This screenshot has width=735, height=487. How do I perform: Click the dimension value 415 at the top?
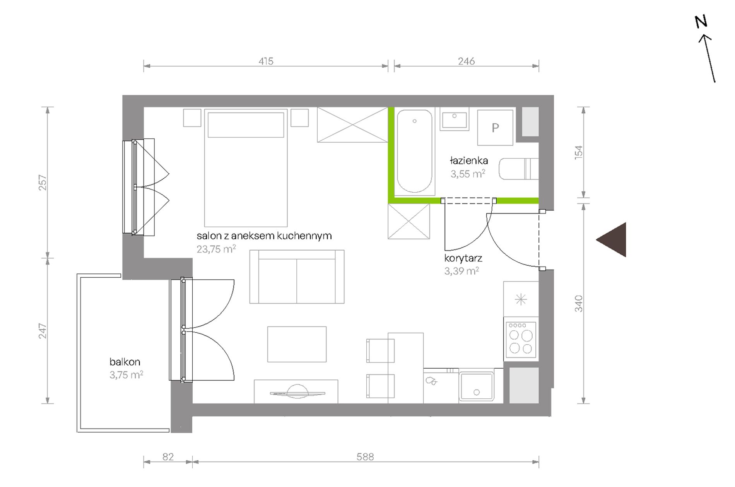point(266,61)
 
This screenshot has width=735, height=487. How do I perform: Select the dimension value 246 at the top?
point(466,61)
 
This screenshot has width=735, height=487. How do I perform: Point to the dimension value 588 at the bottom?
point(365,457)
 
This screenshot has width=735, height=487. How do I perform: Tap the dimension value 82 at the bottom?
point(168,457)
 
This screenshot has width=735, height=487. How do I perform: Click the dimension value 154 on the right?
point(578,152)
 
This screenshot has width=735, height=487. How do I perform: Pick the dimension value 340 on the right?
point(578,304)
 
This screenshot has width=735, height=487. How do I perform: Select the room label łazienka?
point(468,160)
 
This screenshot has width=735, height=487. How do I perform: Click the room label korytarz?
point(463,258)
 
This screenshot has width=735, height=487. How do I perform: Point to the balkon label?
point(125,362)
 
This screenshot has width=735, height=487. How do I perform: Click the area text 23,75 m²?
point(216,249)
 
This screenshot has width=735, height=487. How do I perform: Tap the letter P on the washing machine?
point(495,128)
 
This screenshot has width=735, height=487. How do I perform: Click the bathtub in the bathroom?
point(414,151)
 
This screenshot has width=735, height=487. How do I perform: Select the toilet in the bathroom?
point(519,169)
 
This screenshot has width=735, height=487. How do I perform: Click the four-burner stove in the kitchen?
point(521,340)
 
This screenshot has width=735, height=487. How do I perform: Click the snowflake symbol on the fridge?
point(521,299)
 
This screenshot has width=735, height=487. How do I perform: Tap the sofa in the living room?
point(297,277)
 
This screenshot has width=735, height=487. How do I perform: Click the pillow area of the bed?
point(246,125)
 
